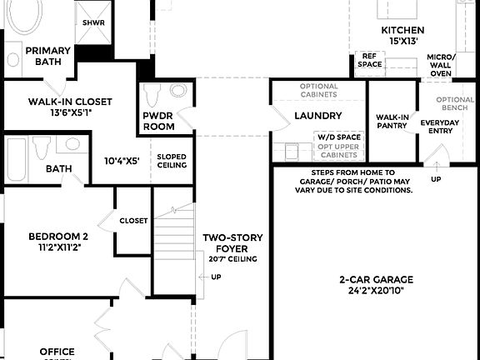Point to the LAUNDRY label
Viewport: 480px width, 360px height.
pos(317,116)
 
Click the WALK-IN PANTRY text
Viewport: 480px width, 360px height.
pos(392,122)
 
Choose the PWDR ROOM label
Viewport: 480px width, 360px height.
pos(158,121)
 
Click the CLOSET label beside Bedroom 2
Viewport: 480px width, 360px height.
pos(133,221)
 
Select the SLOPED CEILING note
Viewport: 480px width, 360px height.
pos(172,161)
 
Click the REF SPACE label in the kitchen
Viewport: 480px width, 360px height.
pos(370,59)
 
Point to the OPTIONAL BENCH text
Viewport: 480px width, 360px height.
pos(455,104)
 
